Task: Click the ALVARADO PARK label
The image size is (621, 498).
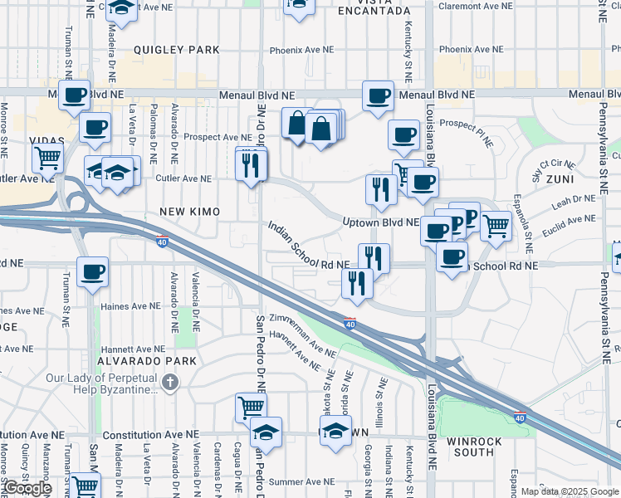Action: point(146,361)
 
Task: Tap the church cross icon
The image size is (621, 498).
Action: point(170,383)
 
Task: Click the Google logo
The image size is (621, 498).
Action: point(27,488)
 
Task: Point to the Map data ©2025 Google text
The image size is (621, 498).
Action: point(570,491)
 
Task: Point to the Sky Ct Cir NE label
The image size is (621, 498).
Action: point(552,168)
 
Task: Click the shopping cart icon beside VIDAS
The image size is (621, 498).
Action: point(48,156)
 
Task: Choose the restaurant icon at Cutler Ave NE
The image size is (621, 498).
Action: point(250,165)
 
